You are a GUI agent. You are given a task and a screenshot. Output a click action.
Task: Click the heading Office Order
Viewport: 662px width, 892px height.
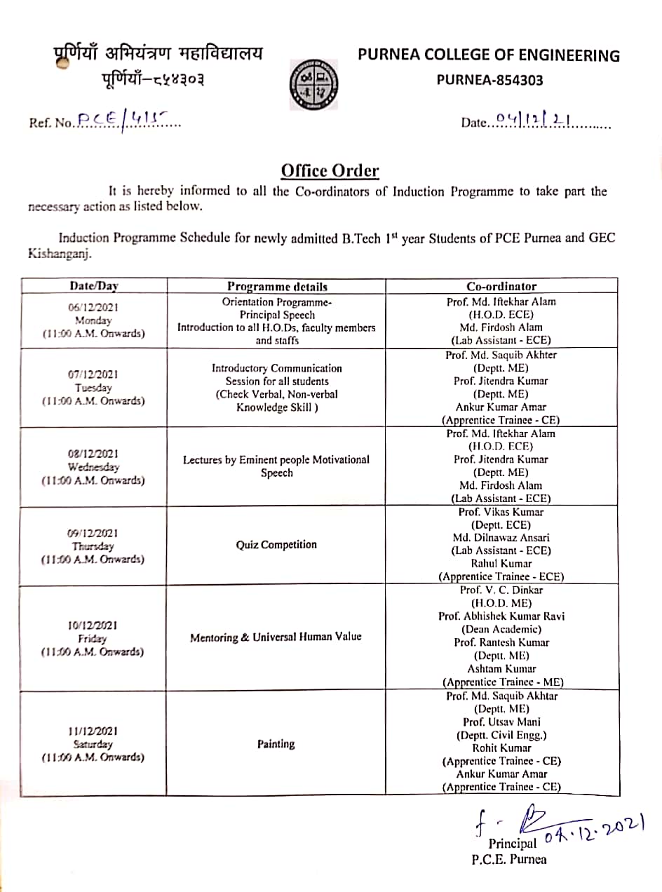point(330,171)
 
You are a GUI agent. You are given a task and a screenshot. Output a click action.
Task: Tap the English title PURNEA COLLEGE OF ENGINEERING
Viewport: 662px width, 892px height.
point(489,56)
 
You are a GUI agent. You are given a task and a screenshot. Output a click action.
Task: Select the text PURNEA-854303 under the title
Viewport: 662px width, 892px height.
point(489,80)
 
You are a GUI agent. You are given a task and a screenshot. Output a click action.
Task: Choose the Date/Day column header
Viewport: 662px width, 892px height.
point(94,286)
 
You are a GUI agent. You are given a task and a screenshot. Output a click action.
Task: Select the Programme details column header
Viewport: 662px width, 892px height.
point(277,286)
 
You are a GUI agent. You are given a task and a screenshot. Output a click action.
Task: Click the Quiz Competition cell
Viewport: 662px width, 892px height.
point(276,545)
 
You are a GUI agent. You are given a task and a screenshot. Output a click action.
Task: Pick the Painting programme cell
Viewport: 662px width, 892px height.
point(276,744)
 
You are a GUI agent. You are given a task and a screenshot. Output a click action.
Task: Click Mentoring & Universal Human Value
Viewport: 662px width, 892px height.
point(276,637)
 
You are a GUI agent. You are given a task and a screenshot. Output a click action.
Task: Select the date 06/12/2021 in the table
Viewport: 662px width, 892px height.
point(93,307)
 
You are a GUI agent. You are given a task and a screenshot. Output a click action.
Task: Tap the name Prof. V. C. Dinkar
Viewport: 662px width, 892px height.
point(501,590)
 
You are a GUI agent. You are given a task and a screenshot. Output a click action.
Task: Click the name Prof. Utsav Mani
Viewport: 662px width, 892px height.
point(501,722)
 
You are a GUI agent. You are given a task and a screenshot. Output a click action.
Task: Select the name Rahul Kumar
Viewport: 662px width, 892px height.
point(501,564)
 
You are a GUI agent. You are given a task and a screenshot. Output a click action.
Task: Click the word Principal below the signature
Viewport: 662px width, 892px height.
point(513,844)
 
